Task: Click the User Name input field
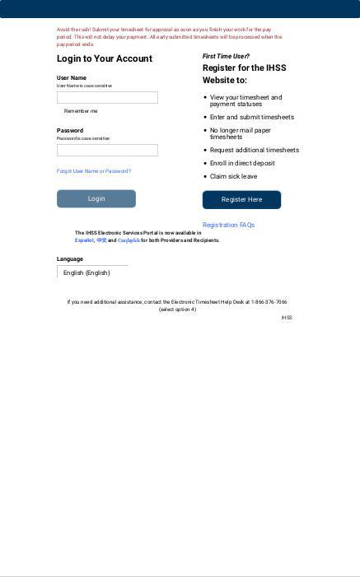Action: click(x=107, y=97)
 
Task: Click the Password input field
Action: click(x=107, y=150)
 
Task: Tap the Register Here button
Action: click(x=241, y=199)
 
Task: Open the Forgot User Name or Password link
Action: click(x=94, y=171)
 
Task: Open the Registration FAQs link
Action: click(x=228, y=225)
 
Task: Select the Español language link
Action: click(x=84, y=240)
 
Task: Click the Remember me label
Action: click(x=81, y=111)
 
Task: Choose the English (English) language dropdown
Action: click(x=92, y=272)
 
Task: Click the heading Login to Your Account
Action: click(x=105, y=58)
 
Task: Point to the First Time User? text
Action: click(x=226, y=56)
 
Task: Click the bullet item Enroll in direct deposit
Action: click(x=242, y=163)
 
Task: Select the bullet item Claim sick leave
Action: click(x=233, y=176)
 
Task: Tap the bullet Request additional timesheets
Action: click(x=254, y=150)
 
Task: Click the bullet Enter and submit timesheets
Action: click(x=251, y=117)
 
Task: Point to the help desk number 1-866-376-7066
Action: click(x=269, y=302)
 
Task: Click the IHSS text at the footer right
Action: click(x=287, y=318)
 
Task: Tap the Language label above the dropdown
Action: click(x=70, y=259)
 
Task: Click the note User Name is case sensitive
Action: click(x=84, y=86)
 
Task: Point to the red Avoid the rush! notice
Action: click(x=169, y=36)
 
